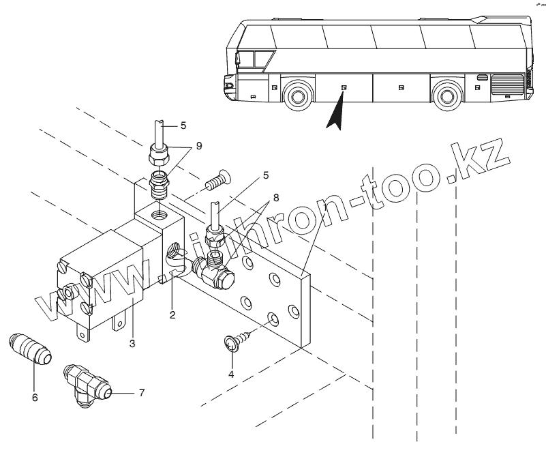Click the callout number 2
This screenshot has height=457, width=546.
[x=173, y=315]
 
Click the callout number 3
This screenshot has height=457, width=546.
[x=132, y=343]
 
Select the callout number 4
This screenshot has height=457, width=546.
[x=231, y=374]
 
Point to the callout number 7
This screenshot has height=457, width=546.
[x=141, y=393]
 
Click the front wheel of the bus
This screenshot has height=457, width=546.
[x=297, y=96]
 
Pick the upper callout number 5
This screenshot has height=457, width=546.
[x=182, y=126]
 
